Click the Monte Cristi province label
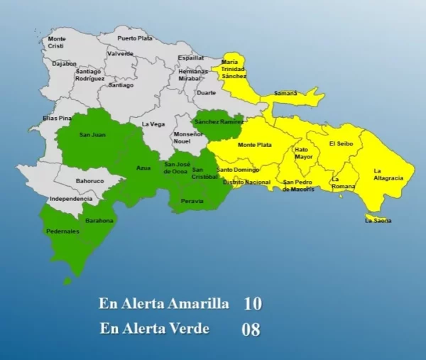(x=57, y=42)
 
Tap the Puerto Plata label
(x=135, y=38)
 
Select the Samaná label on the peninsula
(x=285, y=93)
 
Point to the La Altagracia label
(x=388, y=174)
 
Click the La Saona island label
(x=378, y=221)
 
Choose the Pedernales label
(x=62, y=231)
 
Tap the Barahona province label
(x=99, y=221)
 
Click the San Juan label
(x=92, y=135)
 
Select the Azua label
(x=143, y=168)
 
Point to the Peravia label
(x=192, y=201)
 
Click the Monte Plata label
(x=254, y=145)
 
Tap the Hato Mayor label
(x=303, y=153)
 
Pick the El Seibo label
(x=341, y=143)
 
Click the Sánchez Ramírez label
(x=219, y=121)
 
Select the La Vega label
(x=153, y=124)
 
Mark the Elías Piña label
(x=57, y=118)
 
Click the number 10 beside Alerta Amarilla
(x=252, y=304)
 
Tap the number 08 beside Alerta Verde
(x=251, y=329)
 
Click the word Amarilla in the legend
(x=197, y=304)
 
